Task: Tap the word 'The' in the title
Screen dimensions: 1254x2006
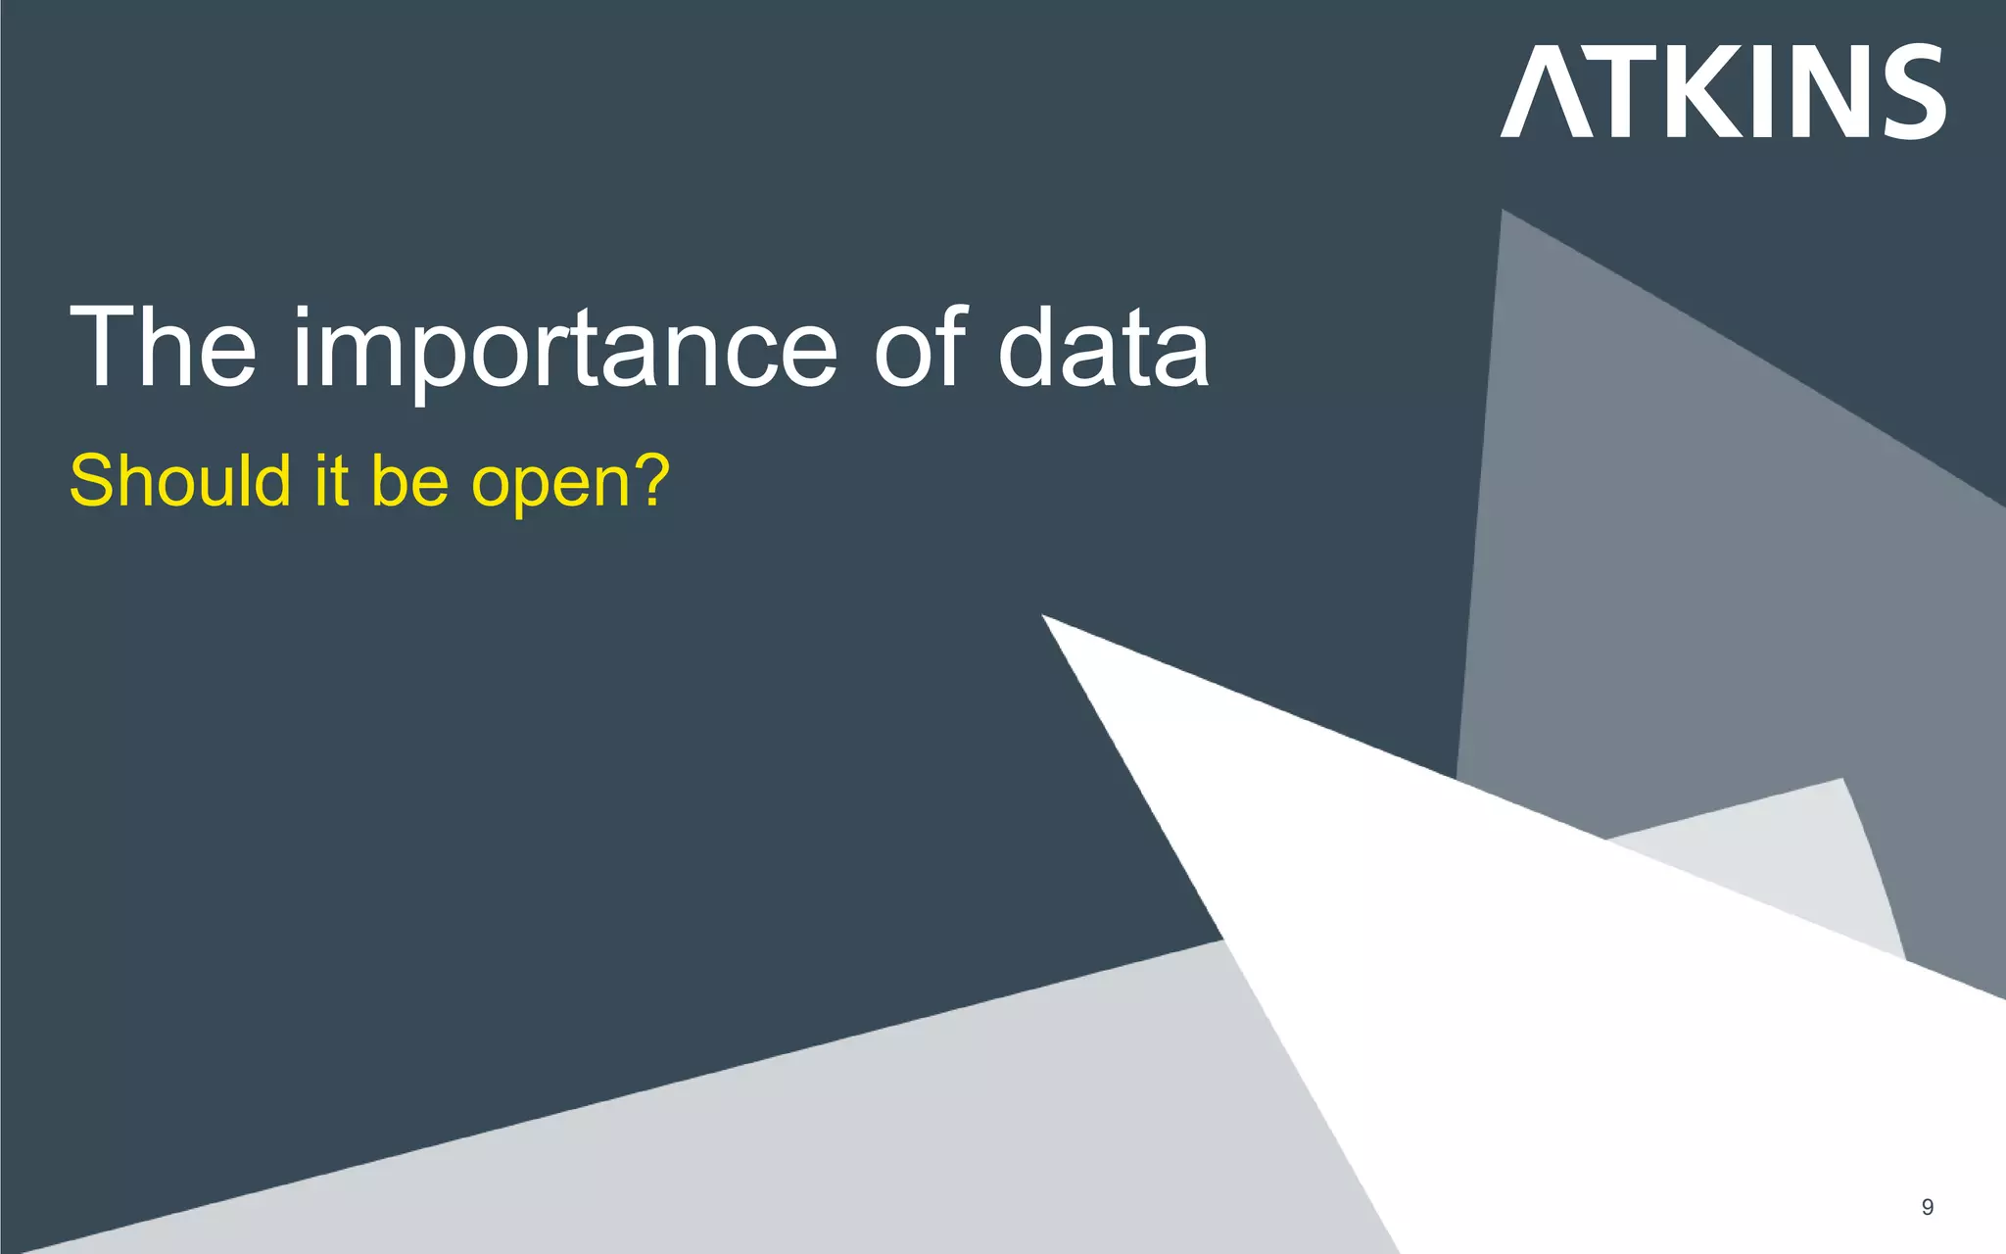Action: tap(163, 347)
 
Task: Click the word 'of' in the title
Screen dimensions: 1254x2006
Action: tap(920, 347)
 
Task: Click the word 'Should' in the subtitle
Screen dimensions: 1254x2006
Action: tap(180, 481)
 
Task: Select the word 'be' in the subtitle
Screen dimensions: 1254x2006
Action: tap(410, 481)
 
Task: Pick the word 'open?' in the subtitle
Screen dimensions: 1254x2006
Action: tap(570, 483)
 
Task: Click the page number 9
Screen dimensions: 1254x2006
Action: tap(1928, 1207)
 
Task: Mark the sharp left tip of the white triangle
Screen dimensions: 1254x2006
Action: tap(1044, 616)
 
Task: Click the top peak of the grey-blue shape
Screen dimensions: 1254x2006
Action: tap(1504, 212)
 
